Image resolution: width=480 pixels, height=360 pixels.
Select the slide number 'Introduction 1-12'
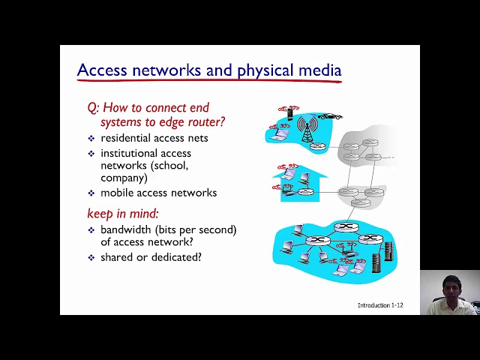[380, 305]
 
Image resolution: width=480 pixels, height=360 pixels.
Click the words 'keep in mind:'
[123, 214]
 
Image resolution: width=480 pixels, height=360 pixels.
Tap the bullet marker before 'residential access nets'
[91, 138]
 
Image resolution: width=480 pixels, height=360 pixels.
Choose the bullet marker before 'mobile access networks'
[91, 193]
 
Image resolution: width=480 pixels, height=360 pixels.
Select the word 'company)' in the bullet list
[124, 178]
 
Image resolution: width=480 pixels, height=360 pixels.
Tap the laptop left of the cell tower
[280, 135]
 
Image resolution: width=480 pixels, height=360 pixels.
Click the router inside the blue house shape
[304, 191]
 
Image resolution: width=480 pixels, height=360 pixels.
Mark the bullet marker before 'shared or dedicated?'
[91, 257]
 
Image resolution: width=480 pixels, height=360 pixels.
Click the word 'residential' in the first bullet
[125, 138]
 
